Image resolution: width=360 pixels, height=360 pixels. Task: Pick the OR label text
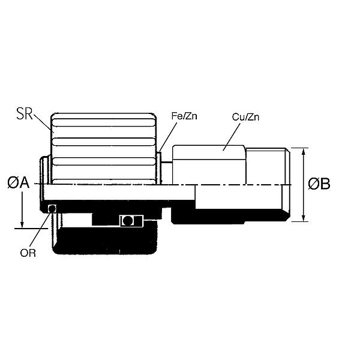click(28, 253)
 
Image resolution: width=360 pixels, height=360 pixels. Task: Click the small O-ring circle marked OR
click(52, 208)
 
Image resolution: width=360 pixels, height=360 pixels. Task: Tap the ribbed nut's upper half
click(105, 147)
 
